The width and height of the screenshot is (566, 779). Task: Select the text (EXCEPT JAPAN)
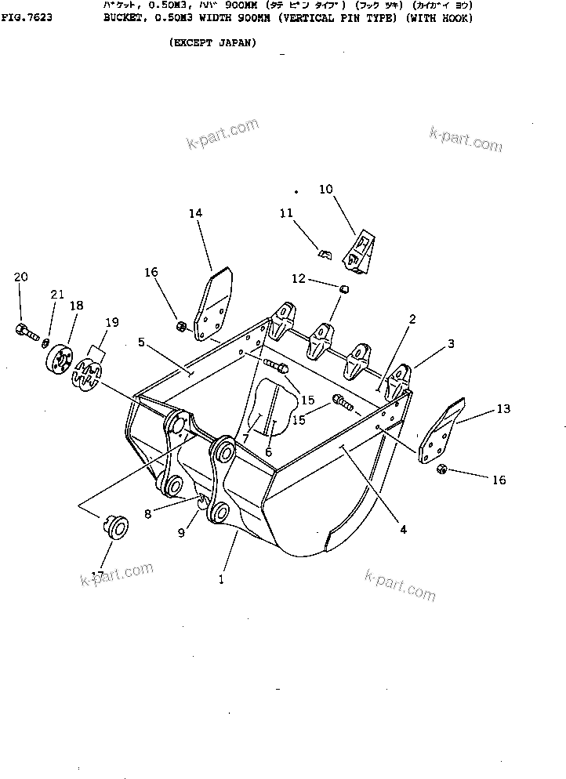tap(212, 43)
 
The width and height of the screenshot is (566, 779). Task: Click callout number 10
tap(325, 189)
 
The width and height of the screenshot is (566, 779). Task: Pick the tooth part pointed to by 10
tap(362, 252)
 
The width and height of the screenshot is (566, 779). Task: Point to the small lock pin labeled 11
tap(325, 253)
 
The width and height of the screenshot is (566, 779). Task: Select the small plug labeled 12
tap(342, 290)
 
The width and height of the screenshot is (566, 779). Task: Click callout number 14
tap(195, 212)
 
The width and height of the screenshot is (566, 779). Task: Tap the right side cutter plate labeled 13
tap(442, 434)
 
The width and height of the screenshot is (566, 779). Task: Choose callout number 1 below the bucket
tap(221, 580)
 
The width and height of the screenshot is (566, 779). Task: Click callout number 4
tap(403, 529)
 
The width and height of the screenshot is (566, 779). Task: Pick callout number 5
tap(142, 342)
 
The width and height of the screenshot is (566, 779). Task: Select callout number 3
tap(452, 343)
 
